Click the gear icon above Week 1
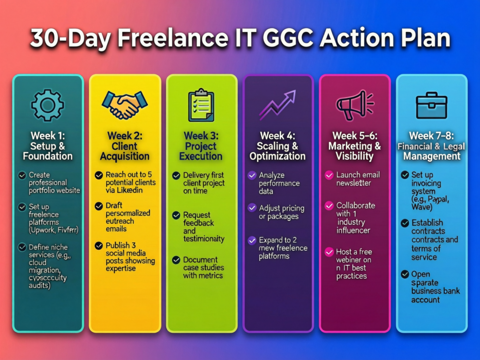(x=47, y=105)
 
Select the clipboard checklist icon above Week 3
(x=201, y=104)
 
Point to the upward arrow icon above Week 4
(x=277, y=105)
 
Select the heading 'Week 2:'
(x=124, y=136)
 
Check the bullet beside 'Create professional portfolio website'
(x=22, y=175)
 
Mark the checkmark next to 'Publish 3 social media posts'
(x=98, y=245)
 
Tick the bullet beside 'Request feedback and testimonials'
(x=176, y=216)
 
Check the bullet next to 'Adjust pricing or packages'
(x=252, y=208)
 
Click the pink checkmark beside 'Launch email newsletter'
(x=329, y=175)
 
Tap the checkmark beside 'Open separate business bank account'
(x=405, y=274)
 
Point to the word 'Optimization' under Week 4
(x=277, y=156)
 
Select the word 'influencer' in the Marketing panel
(x=353, y=230)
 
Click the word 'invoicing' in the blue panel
(x=426, y=183)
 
